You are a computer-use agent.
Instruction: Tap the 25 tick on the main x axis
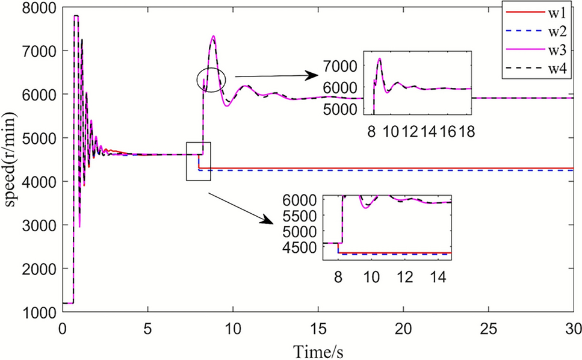(488, 329)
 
